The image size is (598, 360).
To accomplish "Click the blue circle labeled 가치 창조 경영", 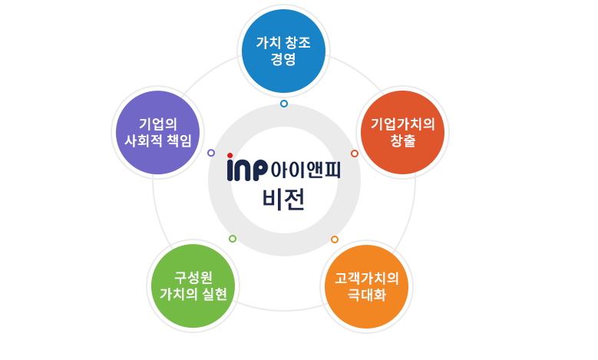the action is click(283, 51).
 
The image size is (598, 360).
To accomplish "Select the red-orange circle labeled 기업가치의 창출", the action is click(403, 132).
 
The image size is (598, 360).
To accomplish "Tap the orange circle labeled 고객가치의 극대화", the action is click(366, 286).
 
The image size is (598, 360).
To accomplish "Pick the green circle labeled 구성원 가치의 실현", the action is click(193, 286).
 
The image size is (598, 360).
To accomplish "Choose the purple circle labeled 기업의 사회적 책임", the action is click(158, 132).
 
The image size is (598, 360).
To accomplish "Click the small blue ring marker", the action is click(284, 104).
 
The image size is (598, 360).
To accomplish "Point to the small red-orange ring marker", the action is click(355, 154).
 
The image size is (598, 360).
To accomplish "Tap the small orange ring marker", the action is click(335, 239).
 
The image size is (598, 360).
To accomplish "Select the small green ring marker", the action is click(233, 239).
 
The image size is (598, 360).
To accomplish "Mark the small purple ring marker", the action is click(211, 153).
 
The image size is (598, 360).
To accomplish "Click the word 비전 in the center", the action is click(284, 200).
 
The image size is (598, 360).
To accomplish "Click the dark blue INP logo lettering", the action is click(247, 170).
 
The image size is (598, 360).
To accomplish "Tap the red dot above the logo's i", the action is click(230, 155).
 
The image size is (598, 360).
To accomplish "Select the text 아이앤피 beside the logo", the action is click(306, 170).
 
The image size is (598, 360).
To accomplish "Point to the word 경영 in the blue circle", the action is click(283, 59).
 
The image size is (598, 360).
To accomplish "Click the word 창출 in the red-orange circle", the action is click(403, 140).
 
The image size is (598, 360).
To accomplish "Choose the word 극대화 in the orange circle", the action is click(367, 295).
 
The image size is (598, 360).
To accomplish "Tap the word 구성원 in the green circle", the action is click(193, 277).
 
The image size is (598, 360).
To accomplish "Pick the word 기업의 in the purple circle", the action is click(158, 124).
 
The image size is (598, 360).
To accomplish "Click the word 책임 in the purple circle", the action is click(180, 140).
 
